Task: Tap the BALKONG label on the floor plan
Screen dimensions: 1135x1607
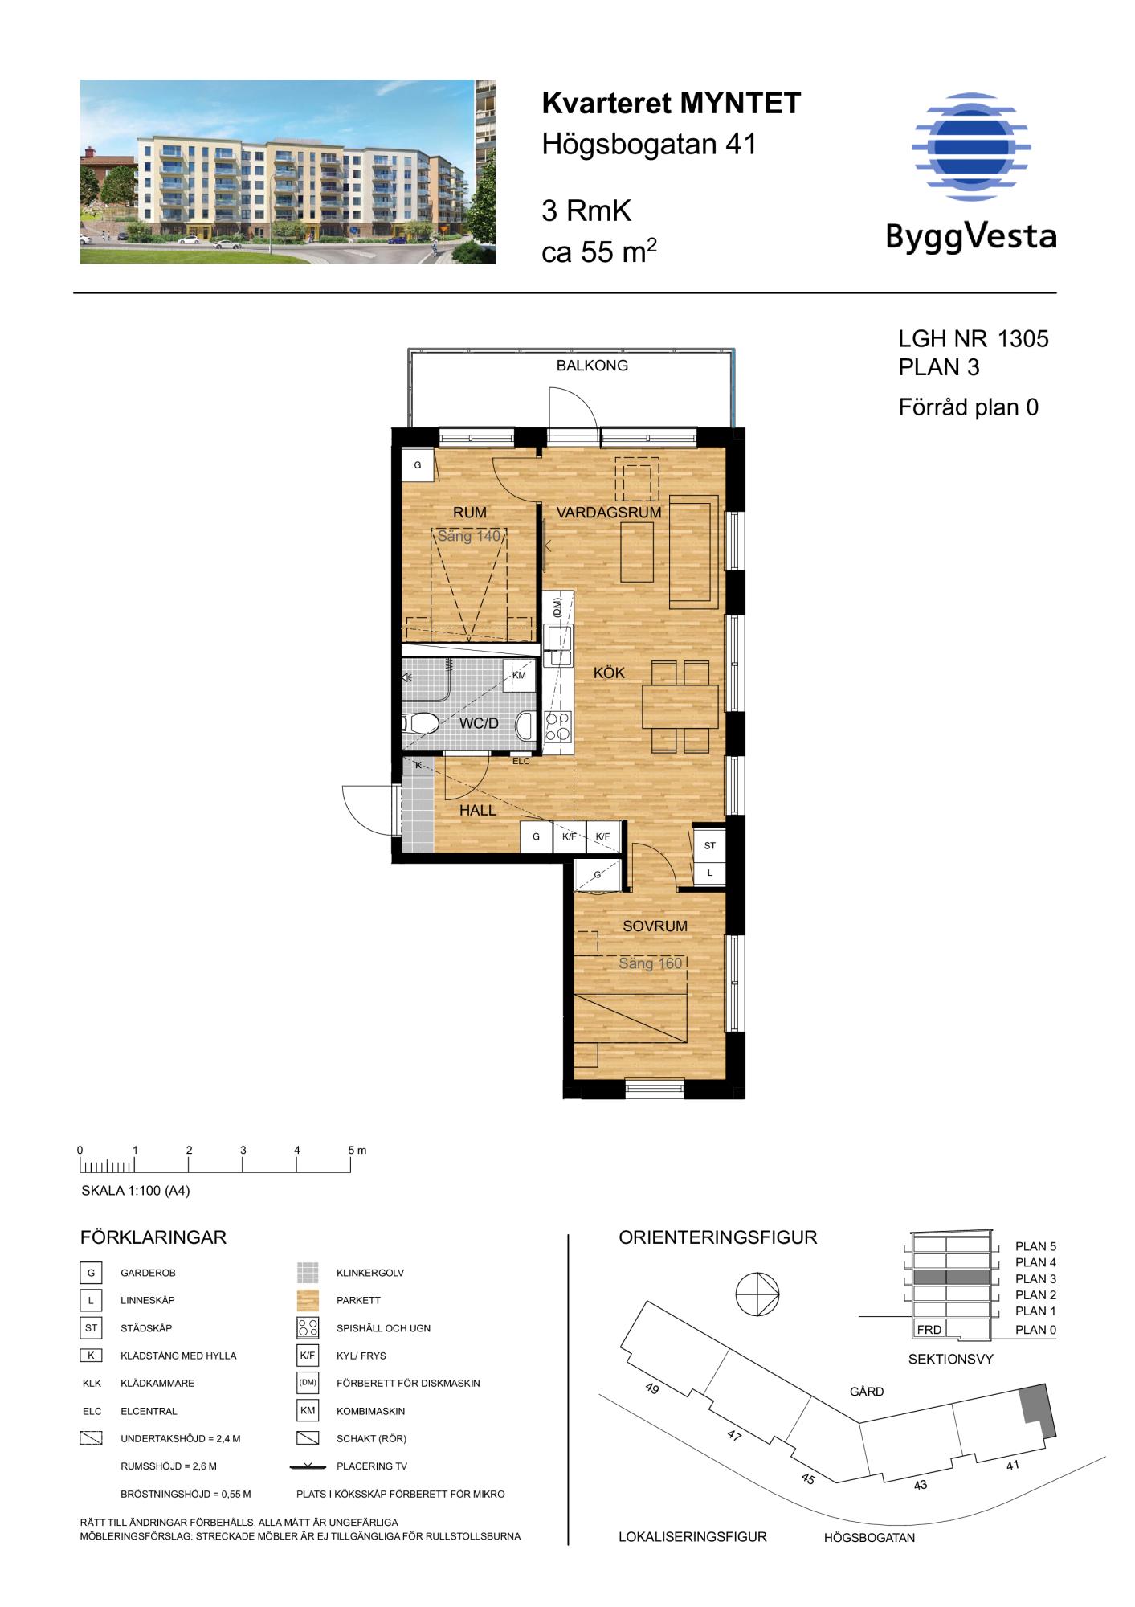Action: coord(592,366)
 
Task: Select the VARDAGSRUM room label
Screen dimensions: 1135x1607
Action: coord(609,512)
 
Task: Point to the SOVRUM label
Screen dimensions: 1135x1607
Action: coord(655,926)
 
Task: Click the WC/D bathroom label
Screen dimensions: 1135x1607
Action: coord(479,723)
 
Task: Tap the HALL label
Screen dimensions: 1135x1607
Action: coord(478,811)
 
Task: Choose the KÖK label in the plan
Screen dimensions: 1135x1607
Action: coord(609,673)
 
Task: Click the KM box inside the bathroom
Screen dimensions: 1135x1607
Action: coord(519,675)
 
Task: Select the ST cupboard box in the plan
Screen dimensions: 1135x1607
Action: coord(709,845)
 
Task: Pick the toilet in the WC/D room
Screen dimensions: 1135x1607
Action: coord(421,724)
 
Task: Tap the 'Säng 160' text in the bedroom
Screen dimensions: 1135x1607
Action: coord(650,963)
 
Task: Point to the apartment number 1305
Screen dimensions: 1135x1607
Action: coord(1023,339)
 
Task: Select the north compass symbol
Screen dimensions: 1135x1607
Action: coord(757,1294)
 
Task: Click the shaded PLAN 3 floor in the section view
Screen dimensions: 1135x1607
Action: coord(951,1278)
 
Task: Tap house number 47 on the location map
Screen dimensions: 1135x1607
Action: coord(733,1435)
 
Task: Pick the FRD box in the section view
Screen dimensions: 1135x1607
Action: coord(929,1330)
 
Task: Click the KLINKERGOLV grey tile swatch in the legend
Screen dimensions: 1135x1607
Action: coord(308,1273)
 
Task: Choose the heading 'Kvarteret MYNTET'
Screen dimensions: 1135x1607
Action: coord(672,104)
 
